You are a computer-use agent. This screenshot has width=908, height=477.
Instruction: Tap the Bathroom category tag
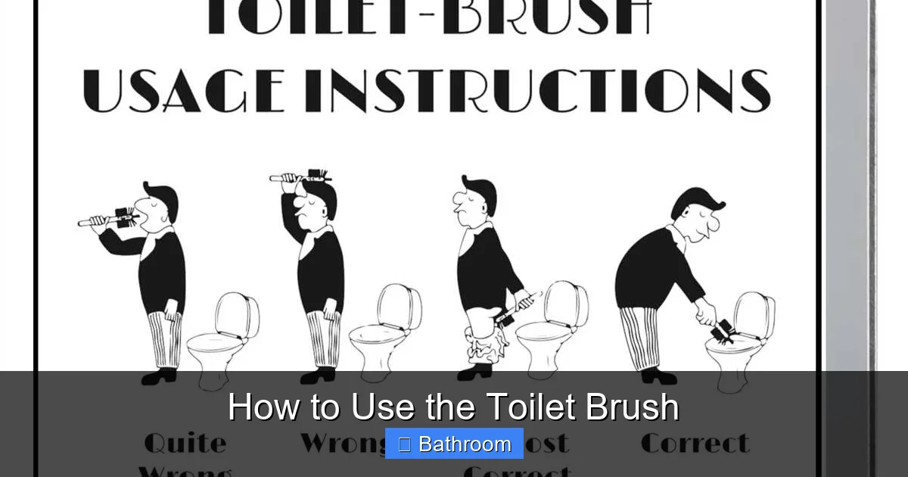click(454, 444)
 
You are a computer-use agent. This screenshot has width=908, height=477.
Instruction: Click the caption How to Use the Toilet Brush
click(454, 407)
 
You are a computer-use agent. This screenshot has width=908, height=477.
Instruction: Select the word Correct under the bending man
click(695, 443)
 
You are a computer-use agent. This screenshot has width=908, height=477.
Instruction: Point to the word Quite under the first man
click(185, 443)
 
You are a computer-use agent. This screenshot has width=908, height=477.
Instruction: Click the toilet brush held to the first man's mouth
click(113, 219)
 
